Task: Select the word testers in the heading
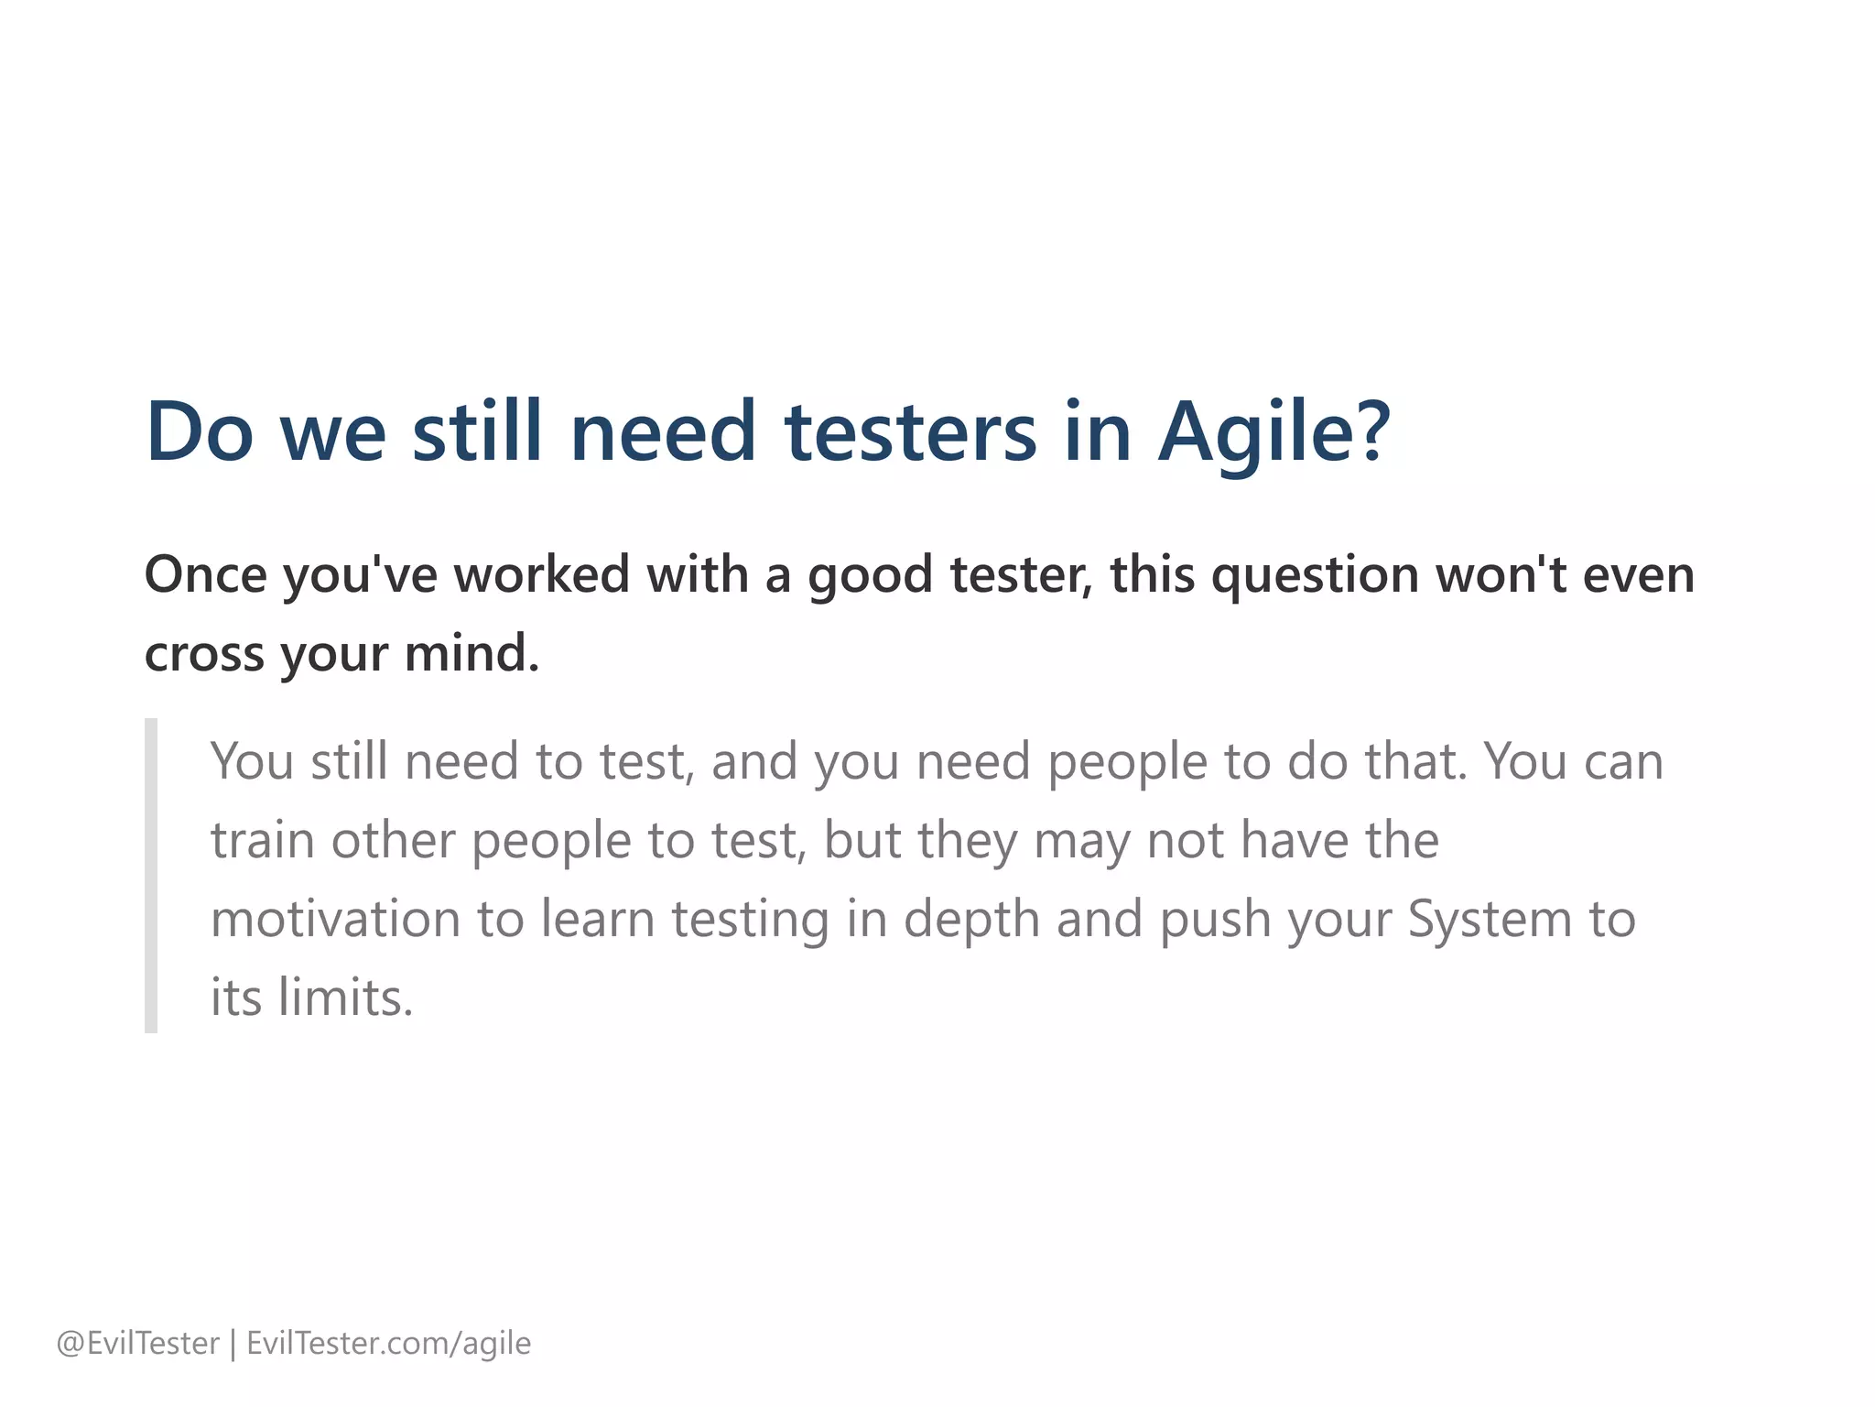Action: click(911, 431)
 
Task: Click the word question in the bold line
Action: click(1315, 576)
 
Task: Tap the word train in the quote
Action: click(263, 840)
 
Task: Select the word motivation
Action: click(335, 919)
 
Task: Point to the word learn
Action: click(598, 919)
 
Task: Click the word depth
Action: click(971, 919)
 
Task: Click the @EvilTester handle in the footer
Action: click(138, 1343)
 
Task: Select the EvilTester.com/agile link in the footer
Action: click(388, 1343)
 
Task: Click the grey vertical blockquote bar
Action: click(151, 876)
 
